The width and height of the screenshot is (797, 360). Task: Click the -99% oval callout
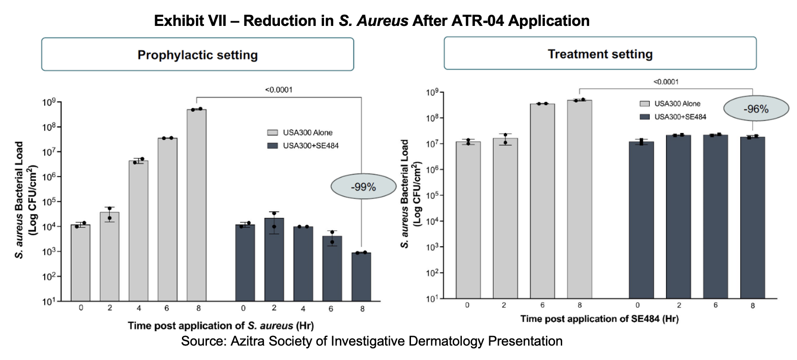[x=363, y=187]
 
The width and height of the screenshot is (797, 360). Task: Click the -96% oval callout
[x=756, y=108]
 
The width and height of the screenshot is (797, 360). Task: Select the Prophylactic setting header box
[x=197, y=54]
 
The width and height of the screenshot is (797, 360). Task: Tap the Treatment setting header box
[x=600, y=53]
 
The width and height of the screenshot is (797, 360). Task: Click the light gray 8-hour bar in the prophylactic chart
[x=196, y=205]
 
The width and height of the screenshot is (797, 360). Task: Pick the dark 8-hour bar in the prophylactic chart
[x=361, y=277]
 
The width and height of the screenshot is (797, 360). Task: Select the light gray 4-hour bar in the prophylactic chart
[x=138, y=231]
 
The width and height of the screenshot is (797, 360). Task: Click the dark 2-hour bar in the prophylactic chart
[x=274, y=260]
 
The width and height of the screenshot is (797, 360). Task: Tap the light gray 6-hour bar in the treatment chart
[x=542, y=201]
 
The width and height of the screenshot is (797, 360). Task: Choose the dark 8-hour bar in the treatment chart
[x=752, y=218]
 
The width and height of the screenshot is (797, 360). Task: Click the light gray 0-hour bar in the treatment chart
[x=468, y=220]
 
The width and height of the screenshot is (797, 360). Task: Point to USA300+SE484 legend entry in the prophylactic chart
[x=303, y=145]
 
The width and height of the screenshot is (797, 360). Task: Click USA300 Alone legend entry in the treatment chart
[x=670, y=104]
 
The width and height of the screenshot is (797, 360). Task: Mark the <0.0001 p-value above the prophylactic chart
[x=278, y=90]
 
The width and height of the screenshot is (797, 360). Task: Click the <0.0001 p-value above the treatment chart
[x=666, y=82]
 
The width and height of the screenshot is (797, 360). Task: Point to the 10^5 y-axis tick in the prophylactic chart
[x=49, y=202]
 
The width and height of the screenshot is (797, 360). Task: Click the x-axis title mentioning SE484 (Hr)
[x=600, y=319]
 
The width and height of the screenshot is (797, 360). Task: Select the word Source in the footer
[x=204, y=341]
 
